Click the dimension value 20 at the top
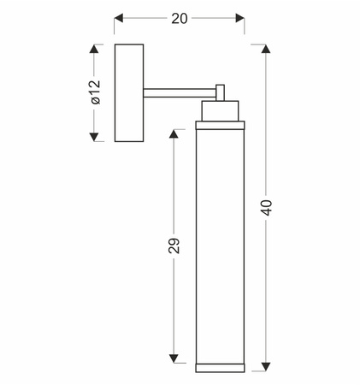pyautogui.click(x=180, y=19)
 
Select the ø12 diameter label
pyautogui.click(x=96, y=92)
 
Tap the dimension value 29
pyautogui.click(x=174, y=246)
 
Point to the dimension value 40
pyautogui.click(x=268, y=208)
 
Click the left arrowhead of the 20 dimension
pyautogui.click(x=119, y=18)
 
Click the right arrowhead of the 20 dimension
pyautogui.click(x=240, y=18)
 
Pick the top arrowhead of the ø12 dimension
pyautogui.click(x=94, y=49)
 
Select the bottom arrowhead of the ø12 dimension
pyautogui.click(x=94, y=137)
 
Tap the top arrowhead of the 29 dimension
pyautogui.click(x=174, y=133)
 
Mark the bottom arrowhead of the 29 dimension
pyautogui.click(x=174, y=358)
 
